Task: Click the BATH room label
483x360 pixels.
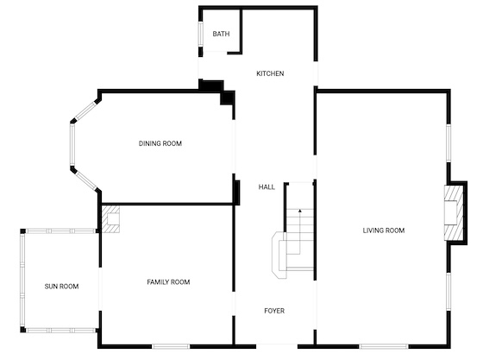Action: (x=221, y=34)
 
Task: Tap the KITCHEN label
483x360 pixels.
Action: (x=270, y=73)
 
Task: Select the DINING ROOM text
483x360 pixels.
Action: (x=160, y=143)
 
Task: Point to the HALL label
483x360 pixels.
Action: (x=267, y=186)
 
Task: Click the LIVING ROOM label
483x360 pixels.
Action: (x=384, y=231)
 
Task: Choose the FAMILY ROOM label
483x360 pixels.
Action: (x=168, y=281)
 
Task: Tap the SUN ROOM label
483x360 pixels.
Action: (x=61, y=287)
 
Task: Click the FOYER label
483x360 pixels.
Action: (x=274, y=311)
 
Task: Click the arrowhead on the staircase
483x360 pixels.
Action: (x=300, y=211)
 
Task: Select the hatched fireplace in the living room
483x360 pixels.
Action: (x=454, y=212)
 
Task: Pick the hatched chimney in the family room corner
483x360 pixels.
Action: (x=110, y=219)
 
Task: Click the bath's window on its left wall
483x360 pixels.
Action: (x=200, y=34)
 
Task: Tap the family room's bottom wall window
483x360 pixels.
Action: (x=171, y=347)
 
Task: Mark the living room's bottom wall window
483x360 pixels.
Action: (x=384, y=347)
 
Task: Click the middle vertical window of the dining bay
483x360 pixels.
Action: (x=72, y=144)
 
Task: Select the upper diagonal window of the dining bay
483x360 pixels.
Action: (x=86, y=111)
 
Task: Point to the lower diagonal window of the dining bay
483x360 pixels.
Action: (x=86, y=180)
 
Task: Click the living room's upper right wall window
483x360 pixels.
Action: (x=448, y=142)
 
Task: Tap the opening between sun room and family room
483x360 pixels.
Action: (x=100, y=289)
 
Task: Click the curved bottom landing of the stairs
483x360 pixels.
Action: (x=279, y=256)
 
